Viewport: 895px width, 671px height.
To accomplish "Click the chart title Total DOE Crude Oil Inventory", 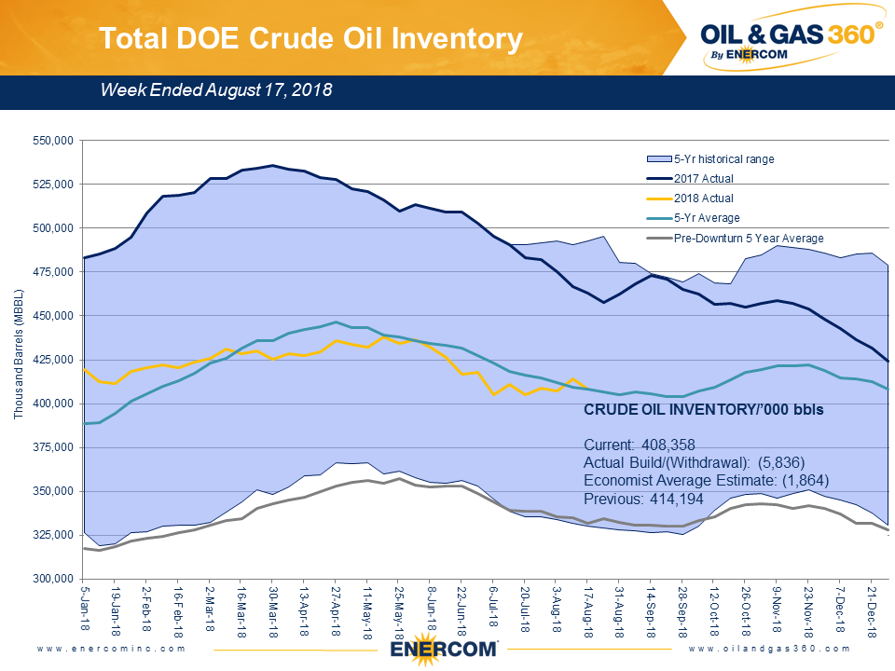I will [310, 38].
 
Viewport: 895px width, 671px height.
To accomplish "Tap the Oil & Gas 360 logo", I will [792, 40].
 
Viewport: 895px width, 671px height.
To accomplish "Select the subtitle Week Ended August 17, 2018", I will [216, 90].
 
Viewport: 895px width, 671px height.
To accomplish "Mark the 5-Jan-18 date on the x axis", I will [86, 609].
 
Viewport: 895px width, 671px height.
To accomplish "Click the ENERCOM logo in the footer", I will [445, 650].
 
